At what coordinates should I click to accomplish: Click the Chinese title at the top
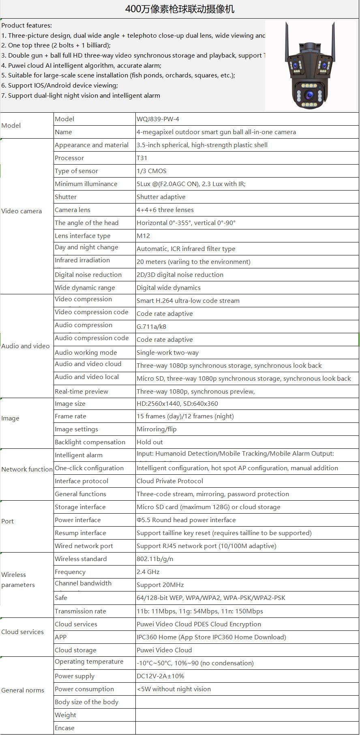180,9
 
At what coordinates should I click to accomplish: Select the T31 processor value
142,158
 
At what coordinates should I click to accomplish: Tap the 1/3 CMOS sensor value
151,171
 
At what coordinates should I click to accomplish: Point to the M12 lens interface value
143,236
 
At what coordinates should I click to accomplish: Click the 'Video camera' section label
21,211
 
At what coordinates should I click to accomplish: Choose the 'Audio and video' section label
25,346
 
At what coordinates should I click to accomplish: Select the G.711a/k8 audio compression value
151,327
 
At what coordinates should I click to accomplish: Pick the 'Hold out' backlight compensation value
150,442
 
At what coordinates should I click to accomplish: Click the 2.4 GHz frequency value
148,572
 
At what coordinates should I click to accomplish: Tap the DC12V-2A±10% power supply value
160,676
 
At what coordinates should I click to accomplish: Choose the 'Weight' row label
65,715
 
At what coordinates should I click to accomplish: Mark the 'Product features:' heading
27,26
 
